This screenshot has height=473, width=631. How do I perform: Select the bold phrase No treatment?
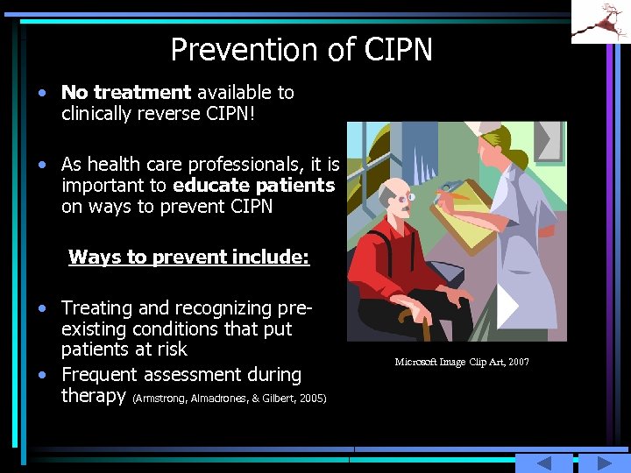tap(126, 92)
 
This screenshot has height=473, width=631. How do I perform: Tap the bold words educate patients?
tap(254, 186)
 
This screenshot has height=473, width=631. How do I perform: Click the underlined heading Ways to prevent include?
tap(188, 257)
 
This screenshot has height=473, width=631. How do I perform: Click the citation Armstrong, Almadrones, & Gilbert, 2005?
tap(229, 399)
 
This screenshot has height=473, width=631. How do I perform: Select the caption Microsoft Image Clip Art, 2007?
tap(462, 362)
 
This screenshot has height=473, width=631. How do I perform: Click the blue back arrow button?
tap(543, 463)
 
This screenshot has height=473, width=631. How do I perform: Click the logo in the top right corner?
tap(600, 22)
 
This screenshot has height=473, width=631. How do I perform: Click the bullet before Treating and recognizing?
tap(42, 308)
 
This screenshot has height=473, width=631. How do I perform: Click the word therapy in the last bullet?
tap(94, 396)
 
